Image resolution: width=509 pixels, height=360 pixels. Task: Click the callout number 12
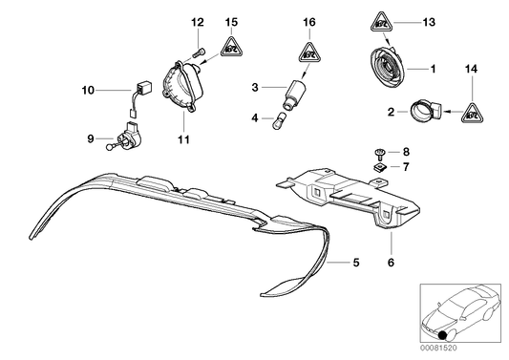point(197,22)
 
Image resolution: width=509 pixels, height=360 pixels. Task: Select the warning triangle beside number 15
point(230,43)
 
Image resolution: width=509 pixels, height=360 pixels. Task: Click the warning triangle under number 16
point(308,53)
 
